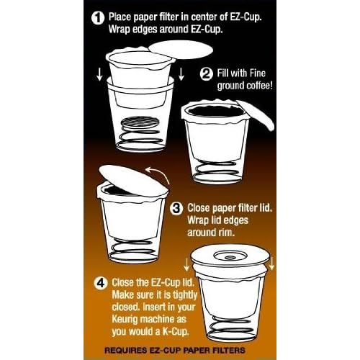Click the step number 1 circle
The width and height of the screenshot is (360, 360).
98,18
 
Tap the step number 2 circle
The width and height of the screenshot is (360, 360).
206,74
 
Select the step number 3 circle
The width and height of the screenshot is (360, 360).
176,208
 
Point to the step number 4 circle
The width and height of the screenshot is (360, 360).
101,283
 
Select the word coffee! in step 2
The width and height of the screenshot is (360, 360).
260,86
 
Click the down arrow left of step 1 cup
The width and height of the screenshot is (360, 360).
99,74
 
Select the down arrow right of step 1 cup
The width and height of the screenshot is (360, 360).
181,74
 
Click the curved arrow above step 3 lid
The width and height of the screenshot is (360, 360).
160,174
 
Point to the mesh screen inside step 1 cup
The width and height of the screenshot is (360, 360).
140,123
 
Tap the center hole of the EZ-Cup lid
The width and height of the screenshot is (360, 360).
230,258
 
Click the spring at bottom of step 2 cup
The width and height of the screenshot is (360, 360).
216,170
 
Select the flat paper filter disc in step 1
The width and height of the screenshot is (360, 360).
181,50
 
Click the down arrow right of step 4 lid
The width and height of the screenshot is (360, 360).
272,264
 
